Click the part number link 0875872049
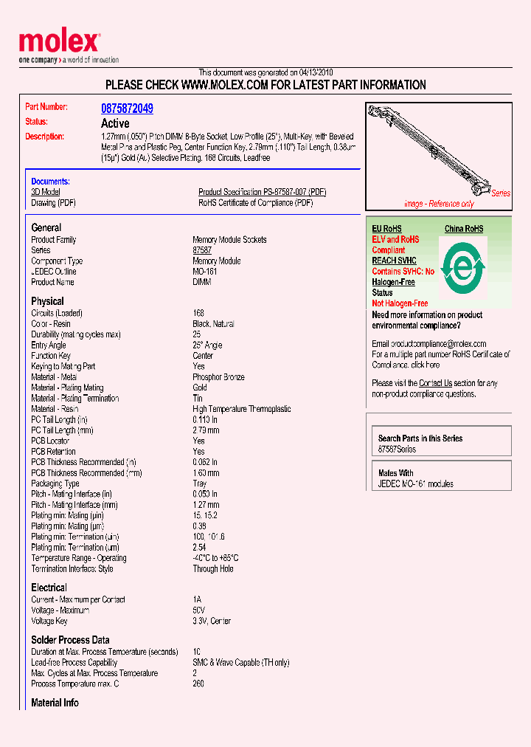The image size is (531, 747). (127, 109)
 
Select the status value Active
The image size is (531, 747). (115, 123)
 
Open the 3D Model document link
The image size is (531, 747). (46, 192)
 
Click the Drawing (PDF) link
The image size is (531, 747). (53, 203)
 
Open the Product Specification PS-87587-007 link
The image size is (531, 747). (262, 192)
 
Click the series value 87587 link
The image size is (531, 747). (202, 250)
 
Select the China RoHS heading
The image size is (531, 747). (464, 229)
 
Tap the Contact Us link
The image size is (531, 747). (435, 383)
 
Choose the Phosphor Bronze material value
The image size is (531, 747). (218, 377)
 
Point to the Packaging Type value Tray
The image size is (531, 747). (200, 483)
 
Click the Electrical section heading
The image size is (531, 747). (49, 588)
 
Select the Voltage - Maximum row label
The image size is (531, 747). (60, 610)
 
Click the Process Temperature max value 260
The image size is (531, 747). (198, 684)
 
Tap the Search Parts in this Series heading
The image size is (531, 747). (420, 438)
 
